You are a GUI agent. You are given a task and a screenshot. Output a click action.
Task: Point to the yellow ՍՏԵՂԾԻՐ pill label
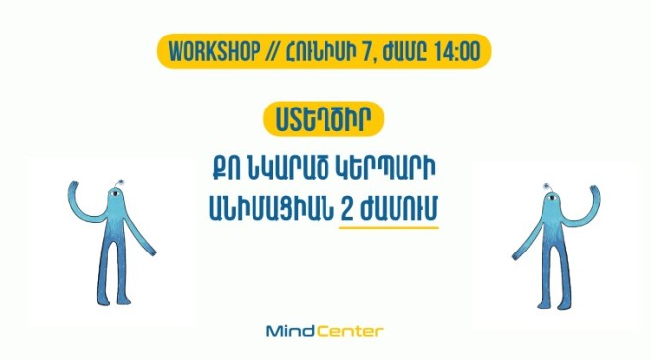[x=325, y=119]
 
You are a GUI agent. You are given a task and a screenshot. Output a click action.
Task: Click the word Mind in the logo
[x=290, y=331]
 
